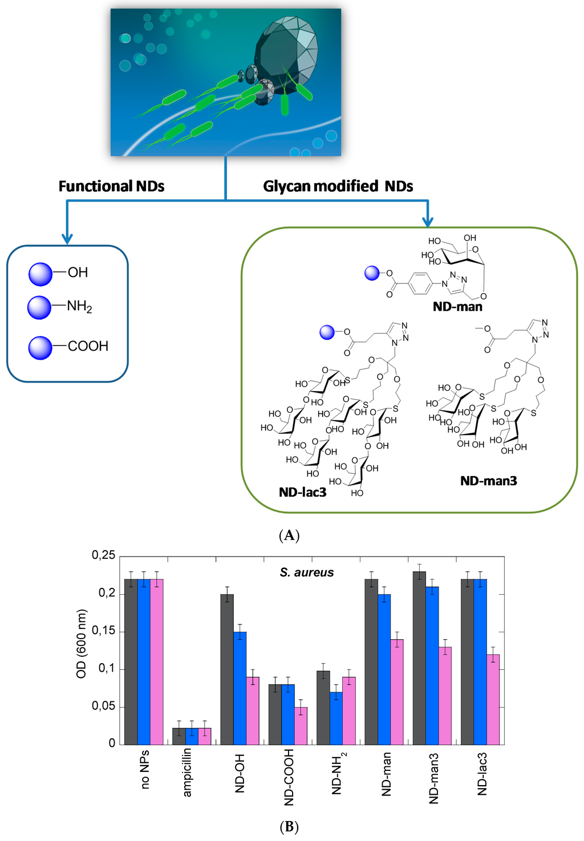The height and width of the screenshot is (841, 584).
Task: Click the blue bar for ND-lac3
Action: (x=480, y=662)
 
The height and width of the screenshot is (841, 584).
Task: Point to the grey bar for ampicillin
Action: (x=179, y=736)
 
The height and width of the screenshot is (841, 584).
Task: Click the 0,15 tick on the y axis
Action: (x=103, y=631)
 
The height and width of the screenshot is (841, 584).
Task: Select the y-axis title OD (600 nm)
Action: (x=82, y=644)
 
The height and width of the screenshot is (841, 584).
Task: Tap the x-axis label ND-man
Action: (x=387, y=774)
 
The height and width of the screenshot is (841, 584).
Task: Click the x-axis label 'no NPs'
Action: (x=145, y=769)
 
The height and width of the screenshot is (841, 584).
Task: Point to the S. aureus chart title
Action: (x=307, y=572)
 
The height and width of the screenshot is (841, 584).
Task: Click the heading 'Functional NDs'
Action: (x=112, y=186)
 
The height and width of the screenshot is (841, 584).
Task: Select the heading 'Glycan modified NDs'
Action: (x=338, y=186)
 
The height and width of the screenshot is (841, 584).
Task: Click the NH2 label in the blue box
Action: (x=79, y=307)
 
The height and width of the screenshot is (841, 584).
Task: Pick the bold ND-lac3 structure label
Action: (x=302, y=492)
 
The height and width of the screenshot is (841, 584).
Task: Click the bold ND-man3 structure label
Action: (x=488, y=481)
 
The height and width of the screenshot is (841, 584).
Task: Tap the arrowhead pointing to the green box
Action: (x=428, y=222)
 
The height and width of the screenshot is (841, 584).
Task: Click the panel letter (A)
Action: (x=289, y=535)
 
